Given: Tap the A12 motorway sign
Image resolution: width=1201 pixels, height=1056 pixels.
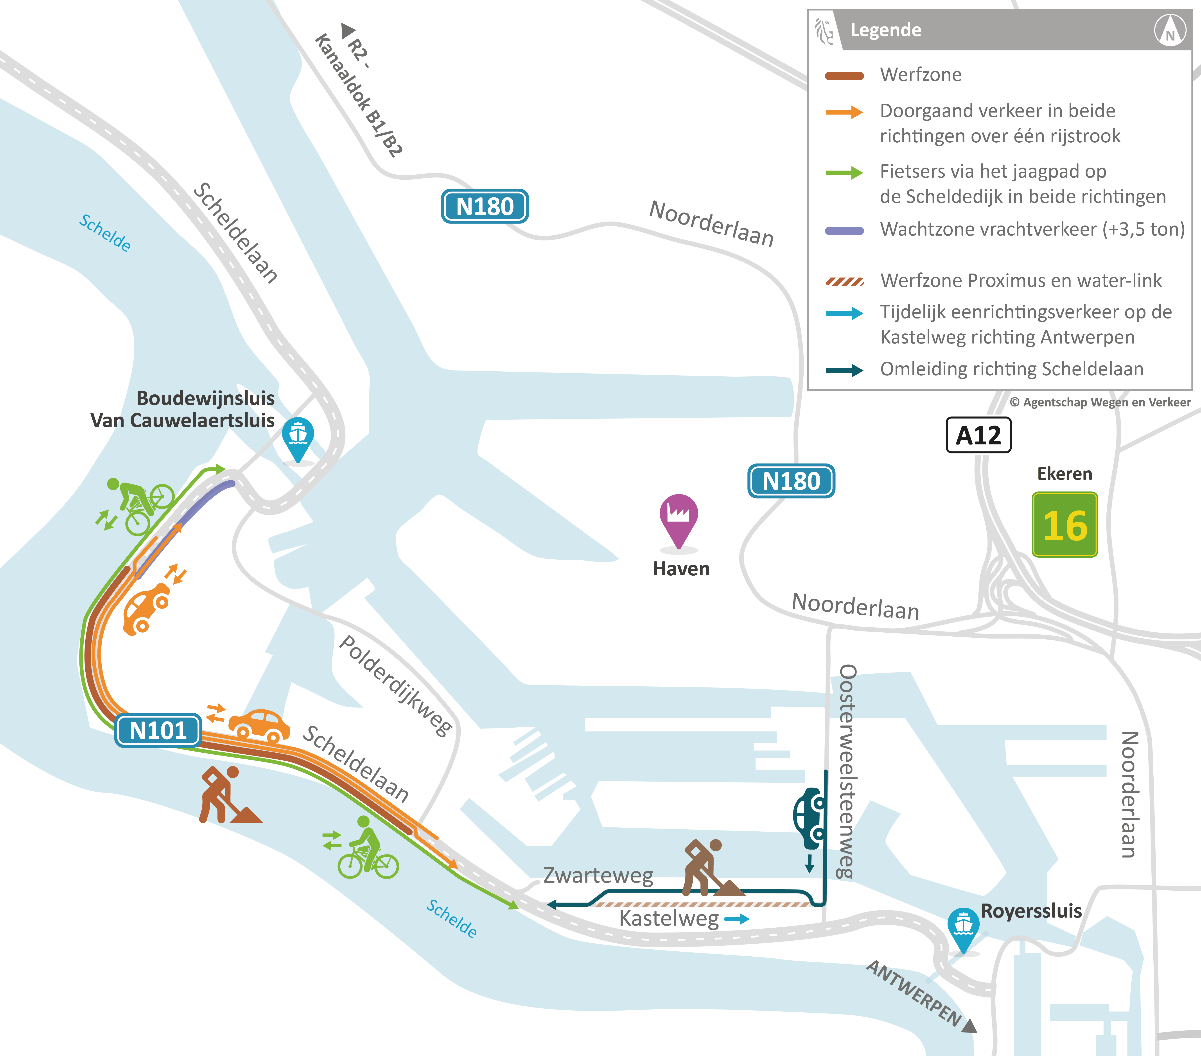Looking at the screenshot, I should coord(978,435).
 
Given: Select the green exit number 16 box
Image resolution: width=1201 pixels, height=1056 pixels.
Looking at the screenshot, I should coord(1065,524).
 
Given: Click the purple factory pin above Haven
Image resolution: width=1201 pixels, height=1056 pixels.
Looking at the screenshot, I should coord(679,517).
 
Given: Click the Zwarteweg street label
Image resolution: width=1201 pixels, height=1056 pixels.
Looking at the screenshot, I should coord(598,875).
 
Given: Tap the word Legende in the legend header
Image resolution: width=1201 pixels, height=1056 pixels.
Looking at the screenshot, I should coord(885,30).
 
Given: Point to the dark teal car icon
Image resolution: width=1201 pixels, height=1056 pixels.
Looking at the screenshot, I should coord(809,818).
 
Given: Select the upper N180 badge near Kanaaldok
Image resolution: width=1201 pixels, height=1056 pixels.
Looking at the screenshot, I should coord(485,206).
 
